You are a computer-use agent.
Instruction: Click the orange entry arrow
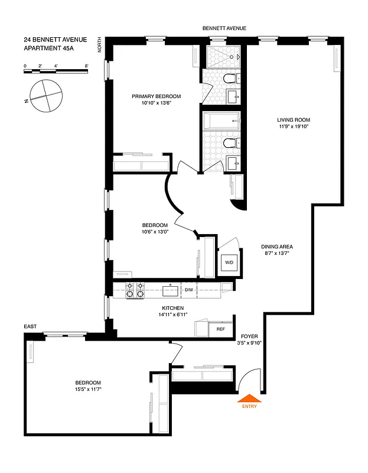248,399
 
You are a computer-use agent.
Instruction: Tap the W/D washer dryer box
229,263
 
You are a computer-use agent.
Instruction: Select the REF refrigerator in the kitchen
220,329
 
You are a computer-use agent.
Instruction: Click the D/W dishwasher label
189,290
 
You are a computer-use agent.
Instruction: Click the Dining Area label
277,247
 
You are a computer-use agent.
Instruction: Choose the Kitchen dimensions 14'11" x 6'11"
173,315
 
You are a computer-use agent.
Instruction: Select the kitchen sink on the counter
170,290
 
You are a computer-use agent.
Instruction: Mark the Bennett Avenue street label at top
224,28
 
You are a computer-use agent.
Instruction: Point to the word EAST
31,326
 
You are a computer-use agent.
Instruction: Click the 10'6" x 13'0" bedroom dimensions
155,232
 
